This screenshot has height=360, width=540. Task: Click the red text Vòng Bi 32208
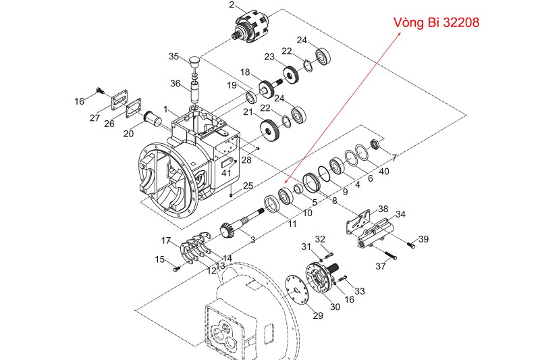[x=437, y=23]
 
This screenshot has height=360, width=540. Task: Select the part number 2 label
[x=232, y=5]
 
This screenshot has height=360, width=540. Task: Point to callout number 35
[x=174, y=56]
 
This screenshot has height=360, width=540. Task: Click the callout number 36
[x=175, y=84]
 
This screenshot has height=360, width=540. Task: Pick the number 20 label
[x=129, y=133]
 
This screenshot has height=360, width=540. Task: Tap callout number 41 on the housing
[x=225, y=174]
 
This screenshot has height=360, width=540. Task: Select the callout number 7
[x=394, y=157]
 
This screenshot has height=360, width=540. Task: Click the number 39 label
[x=424, y=239]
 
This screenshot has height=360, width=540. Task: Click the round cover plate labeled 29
[x=294, y=290]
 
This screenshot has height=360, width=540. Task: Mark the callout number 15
[x=160, y=259]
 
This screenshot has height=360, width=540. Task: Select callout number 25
[x=248, y=185]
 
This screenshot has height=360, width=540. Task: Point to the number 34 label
[x=400, y=215]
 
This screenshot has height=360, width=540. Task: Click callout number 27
[x=94, y=118]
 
